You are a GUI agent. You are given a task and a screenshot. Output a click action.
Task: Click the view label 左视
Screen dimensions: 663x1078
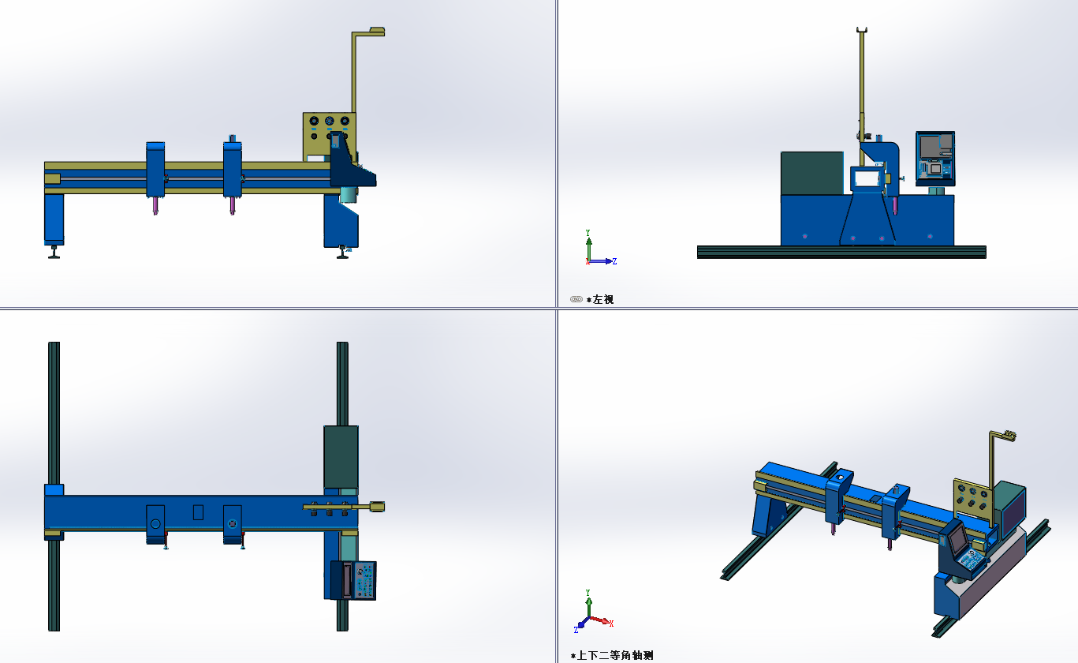pos(603,300)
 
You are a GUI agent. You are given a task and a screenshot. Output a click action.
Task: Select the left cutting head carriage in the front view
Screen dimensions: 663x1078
pos(155,169)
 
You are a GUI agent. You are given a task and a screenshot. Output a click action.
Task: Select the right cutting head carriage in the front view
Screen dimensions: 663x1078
pos(232,169)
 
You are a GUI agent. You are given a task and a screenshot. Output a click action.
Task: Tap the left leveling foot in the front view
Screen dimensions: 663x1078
pos(54,252)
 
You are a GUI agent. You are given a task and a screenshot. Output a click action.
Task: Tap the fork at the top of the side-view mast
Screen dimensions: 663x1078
pos(862,32)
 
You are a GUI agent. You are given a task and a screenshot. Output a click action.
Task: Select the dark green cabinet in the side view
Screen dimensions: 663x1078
pos(811,173)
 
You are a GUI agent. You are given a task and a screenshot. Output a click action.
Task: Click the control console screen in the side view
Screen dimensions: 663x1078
pos(934,156)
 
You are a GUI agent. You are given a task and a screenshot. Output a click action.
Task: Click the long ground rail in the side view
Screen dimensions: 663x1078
pos(841,252)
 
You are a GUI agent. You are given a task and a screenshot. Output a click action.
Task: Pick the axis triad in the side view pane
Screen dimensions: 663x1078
pos(596,249)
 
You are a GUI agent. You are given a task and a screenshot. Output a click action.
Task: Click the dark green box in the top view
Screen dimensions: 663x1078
pos(341,456)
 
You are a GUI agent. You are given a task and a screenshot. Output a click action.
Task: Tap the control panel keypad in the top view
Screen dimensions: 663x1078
pos(363,581)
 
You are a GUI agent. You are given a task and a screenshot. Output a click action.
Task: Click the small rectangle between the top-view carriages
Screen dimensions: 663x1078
pos(198,512)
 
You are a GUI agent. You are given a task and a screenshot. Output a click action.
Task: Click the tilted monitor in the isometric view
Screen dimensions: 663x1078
pos(957,540)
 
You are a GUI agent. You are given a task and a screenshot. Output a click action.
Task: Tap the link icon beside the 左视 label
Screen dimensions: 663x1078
pos(576,299)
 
